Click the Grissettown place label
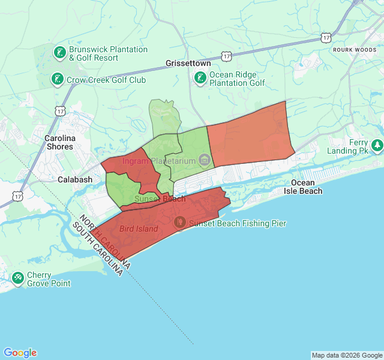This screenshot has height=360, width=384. coord(188,63)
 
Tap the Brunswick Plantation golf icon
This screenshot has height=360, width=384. coord(59,53)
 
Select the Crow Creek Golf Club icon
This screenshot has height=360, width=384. coord(57,79)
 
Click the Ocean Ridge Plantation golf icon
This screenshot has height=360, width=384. coord(200,77)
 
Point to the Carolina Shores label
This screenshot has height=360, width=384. coord(59,142)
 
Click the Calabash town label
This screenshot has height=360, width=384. coord(75,179)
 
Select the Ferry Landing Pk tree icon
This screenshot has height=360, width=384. coord(377,145)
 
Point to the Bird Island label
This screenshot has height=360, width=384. coord(139,229)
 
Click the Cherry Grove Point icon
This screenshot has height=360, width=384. coord(17,278)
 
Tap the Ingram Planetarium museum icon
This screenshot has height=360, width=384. coord(205,161)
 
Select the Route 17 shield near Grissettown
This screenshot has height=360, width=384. coord(226,56)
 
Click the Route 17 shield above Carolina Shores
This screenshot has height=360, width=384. coord(60,111)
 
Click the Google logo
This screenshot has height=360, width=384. coord(20,353)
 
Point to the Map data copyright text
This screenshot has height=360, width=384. coord(346,355)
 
